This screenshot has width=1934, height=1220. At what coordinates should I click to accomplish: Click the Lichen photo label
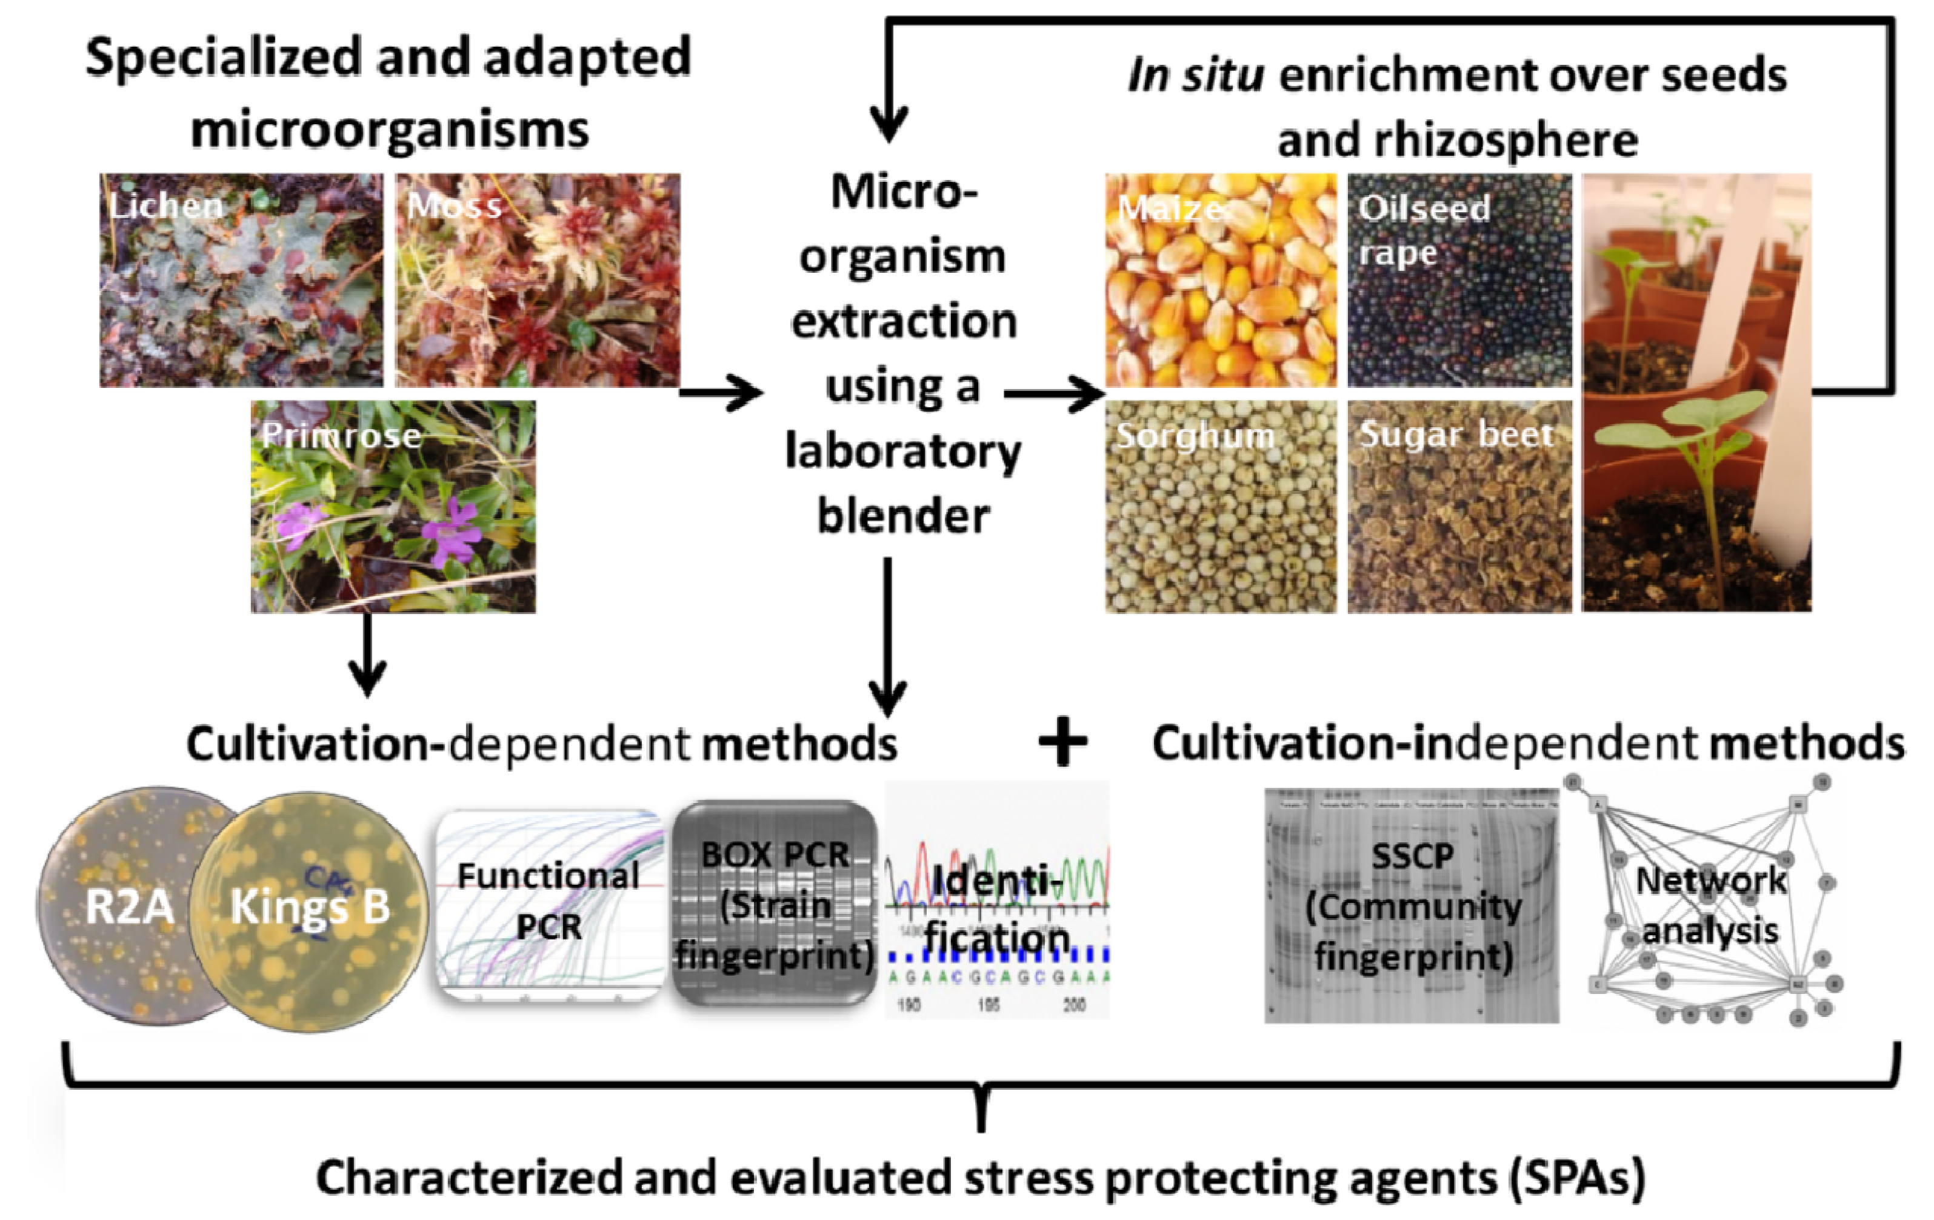click(165, 207)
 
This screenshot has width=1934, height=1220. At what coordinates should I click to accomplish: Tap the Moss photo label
click(455, 207)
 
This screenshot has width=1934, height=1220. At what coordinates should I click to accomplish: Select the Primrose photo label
click(341, 435)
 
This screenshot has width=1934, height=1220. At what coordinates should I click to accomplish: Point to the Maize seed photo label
click(1171, 209)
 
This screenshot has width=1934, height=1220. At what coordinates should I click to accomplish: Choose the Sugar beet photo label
click(1455, 435)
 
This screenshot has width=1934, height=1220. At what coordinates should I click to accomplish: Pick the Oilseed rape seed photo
click(1459, 281)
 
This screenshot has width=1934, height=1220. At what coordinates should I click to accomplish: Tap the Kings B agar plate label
click(310, 907)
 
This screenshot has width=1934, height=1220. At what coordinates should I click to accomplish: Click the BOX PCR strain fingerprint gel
click(774, 904)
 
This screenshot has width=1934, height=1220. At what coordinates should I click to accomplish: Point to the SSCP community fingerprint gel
click(1412, 906)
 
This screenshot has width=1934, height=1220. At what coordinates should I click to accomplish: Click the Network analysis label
click(1711, 905)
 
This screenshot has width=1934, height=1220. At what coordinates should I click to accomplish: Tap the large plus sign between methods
click(1062, 743)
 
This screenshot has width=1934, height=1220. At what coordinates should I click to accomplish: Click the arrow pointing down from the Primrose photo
click(367, 655)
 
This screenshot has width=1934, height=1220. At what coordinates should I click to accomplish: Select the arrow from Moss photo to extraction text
click(721, 393)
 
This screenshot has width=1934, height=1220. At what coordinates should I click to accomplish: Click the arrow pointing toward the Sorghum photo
click(1055, 393)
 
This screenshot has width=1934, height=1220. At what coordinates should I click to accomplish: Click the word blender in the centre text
click(902, 516)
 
